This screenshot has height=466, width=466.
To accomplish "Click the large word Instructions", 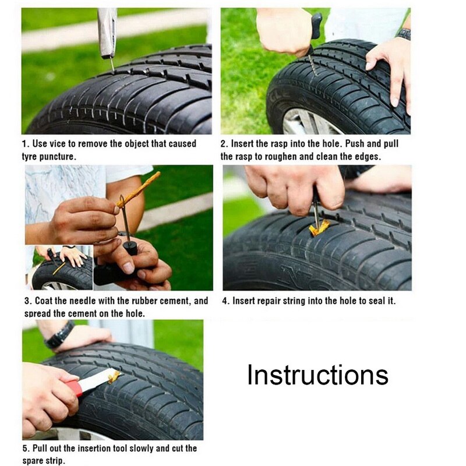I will [x=317, y=375].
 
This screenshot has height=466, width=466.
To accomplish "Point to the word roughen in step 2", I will [x=275, y=157].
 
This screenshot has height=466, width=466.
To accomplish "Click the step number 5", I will [x=25, y=448].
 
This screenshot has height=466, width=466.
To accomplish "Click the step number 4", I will [x=225, y=301].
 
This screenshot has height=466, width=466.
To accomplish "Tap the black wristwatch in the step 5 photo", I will [x=59, y=336].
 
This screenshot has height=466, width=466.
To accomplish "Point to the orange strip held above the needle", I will [x=140, y=188].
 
